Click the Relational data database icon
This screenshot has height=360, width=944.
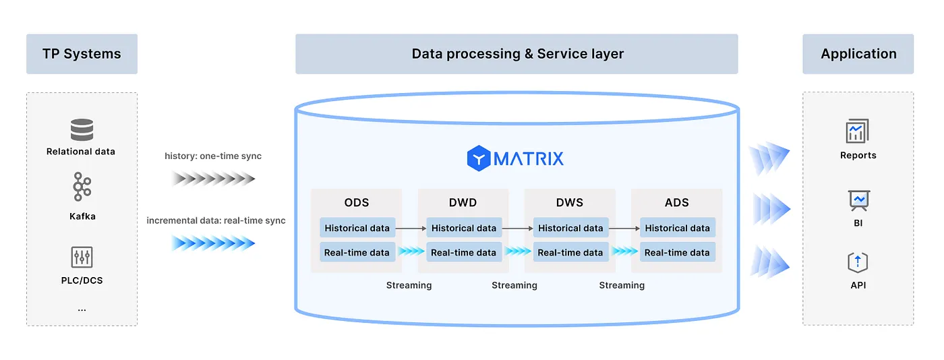click(x=82, y=129)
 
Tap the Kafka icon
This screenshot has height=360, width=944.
click(x=82, y=186)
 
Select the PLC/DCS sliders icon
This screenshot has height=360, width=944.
click(x=82, y=257)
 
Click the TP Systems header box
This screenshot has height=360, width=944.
click(x=82, y=54)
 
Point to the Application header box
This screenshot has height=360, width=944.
click(x=858, y=54)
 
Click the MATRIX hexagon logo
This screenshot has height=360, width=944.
click(x=479, y=158)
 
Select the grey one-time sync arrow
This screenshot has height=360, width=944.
click(x=213, y=179)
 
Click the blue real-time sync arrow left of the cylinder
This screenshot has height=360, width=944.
click(x=213, y=243)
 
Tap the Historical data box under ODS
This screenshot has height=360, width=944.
click(x=357, y=228)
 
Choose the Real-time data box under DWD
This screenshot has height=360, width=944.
click(x=464, y=252)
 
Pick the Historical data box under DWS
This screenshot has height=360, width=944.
click(x=570, y=228)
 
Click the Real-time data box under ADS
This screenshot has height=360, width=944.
click(x=677, y=252)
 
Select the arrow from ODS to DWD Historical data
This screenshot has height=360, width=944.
click(x=411, y=228)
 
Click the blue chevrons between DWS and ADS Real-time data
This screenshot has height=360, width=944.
click(x=624, y=251)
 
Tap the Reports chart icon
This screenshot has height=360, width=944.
click(x=858, y=131)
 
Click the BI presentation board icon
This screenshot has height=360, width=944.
click(x=858, y=200)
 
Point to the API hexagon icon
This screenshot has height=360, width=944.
click(x=858, y=262)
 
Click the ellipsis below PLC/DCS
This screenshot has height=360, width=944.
click(x=82, y=310)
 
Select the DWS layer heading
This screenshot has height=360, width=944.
click(x=570, y=203)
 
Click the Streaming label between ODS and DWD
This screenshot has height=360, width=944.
click(x=409, y=285)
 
